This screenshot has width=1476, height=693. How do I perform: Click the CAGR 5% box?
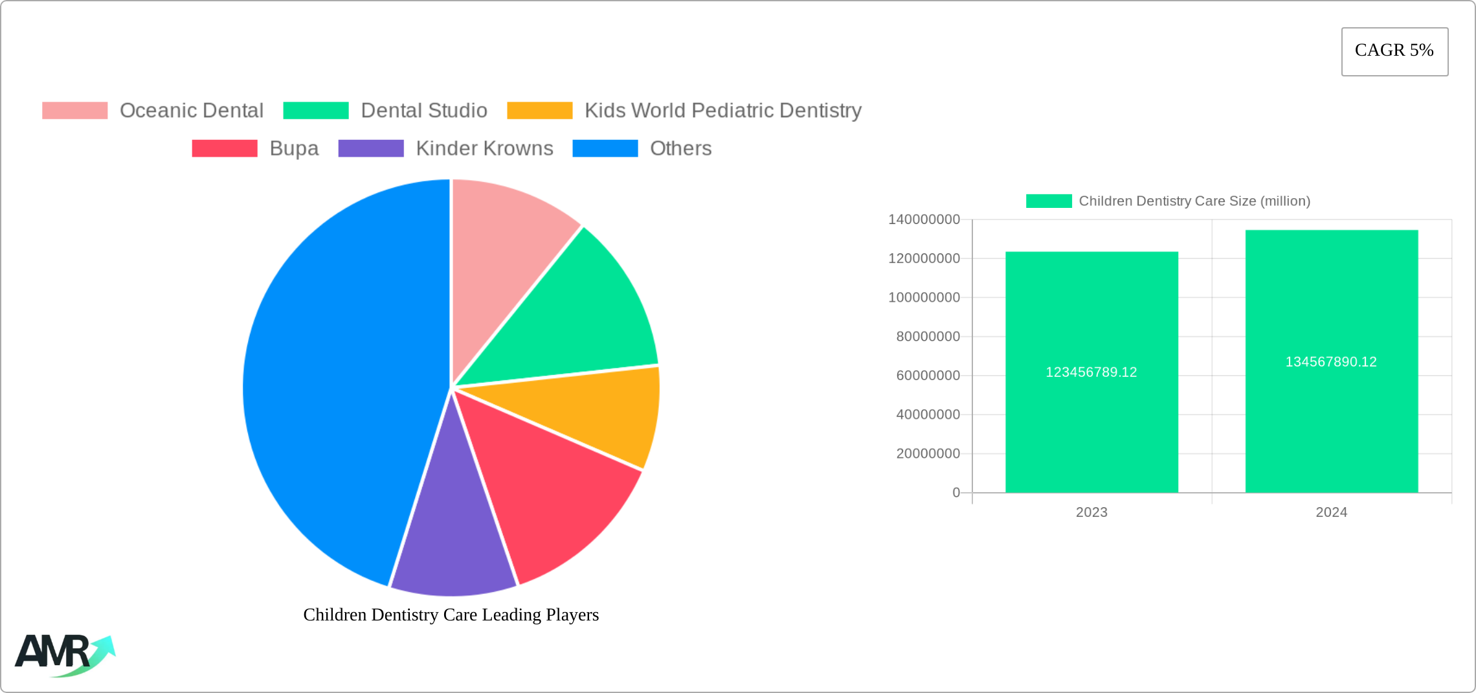click(x=1394, y=51)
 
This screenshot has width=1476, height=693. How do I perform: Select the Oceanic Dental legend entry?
click(x=153, y=111)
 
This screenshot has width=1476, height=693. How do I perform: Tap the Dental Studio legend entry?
click(x=385, y=111)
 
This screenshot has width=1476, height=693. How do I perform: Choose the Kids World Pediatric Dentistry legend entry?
click(x=684, y=111)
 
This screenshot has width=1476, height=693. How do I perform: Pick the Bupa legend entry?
click(x=255, y=148)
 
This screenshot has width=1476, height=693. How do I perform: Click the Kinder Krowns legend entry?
click(x=445, y=148)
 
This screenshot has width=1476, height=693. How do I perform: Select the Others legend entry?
click(x=642, y=148)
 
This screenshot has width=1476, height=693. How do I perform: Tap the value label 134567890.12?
click(x=1331, y=362)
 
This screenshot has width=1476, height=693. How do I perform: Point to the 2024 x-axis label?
click(x=1331, y=512)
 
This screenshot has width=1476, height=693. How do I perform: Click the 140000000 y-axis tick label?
click(x=924, y=220)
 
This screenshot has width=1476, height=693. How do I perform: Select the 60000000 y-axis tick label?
click(x=928, y=376)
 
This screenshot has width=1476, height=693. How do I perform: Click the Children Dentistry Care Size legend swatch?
click(x=1049, y=201)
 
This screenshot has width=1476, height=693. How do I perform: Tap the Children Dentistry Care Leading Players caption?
click(x=451, y=615)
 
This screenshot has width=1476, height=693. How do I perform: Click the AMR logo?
click(x=63, y=654)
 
